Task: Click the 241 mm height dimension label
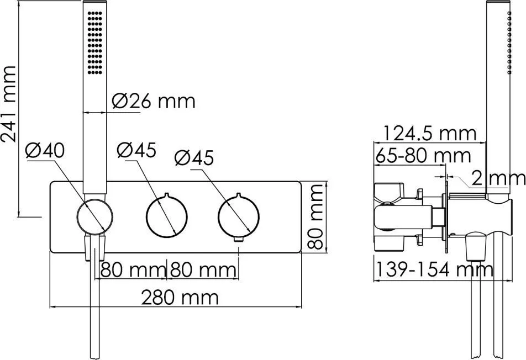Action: (9, 104)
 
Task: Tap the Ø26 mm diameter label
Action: (153, 101)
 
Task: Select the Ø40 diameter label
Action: (45, 151)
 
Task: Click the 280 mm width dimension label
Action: (180, 297)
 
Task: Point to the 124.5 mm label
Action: (430, 134)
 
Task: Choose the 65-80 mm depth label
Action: (423, 156)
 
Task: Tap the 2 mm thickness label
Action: (498, 178)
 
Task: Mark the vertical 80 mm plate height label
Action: (315, 217)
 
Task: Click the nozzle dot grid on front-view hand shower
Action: (95, 43)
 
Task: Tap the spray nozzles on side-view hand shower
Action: (509, 43)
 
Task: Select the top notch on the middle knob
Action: (167, 195)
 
